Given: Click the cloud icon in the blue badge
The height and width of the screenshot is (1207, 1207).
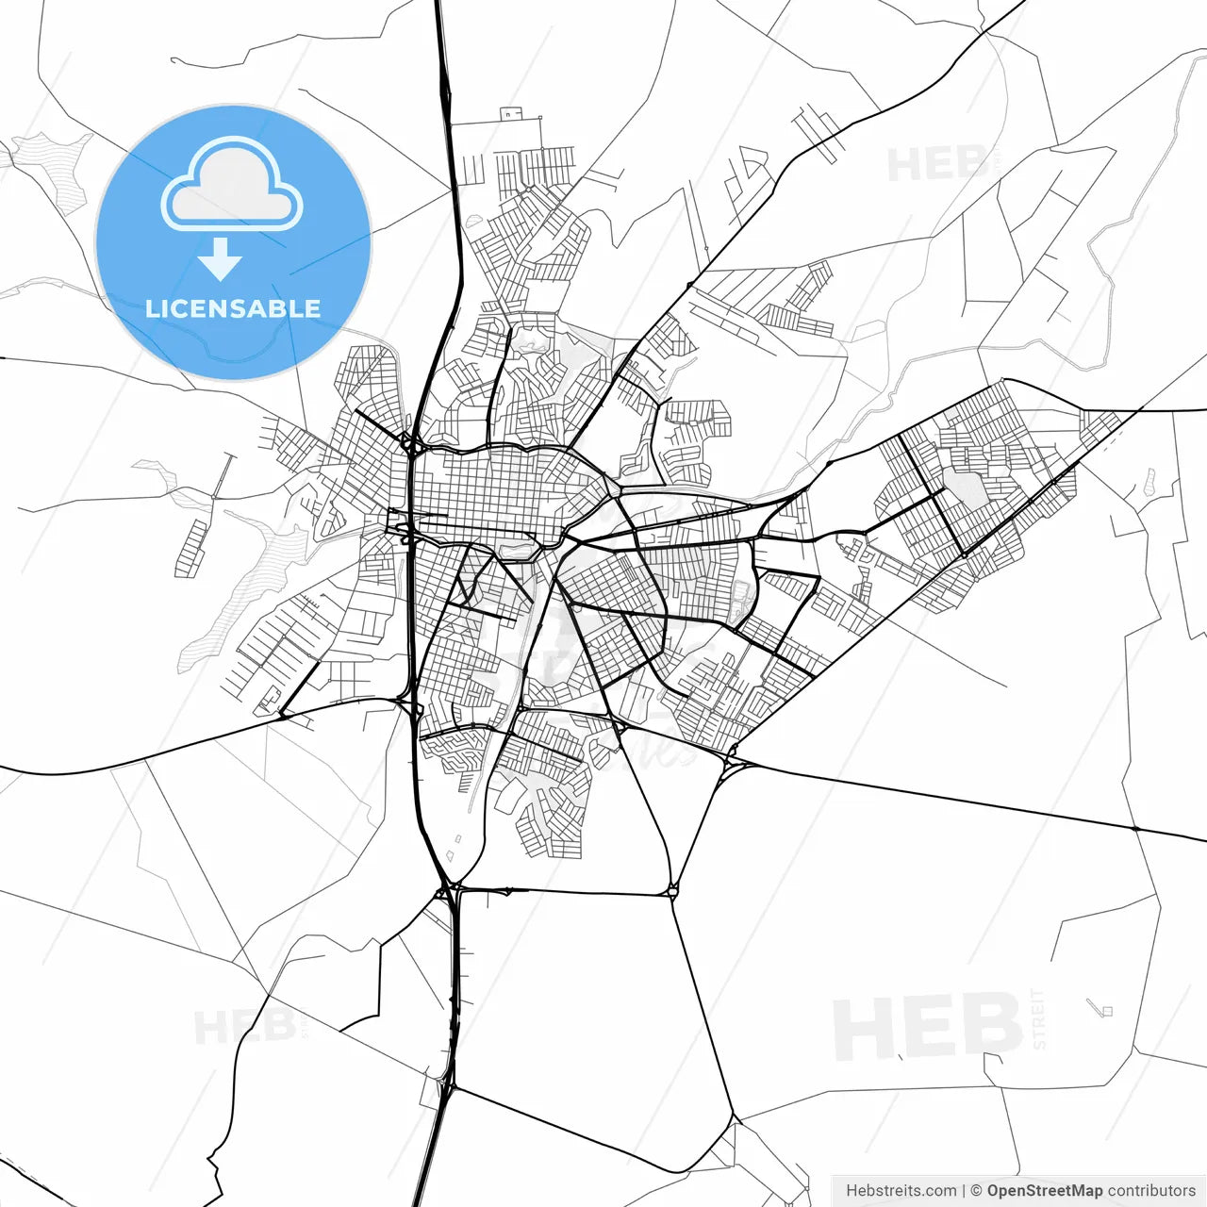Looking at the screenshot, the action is [232, 186].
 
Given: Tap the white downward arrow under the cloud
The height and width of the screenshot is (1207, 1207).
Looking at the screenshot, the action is [221, 258].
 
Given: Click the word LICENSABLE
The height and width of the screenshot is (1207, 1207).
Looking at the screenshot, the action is [233, 308].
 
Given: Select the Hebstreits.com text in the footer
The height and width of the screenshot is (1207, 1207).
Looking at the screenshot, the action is [901, 1191].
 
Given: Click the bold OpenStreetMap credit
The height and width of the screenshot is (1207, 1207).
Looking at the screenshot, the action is [1045, 1191].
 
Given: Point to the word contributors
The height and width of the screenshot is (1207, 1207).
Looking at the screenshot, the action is [1151, 1191].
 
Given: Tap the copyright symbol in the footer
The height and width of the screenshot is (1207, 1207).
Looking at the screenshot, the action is [977, 1191].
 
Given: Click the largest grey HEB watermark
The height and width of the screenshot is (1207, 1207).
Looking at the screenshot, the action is [928, 1028].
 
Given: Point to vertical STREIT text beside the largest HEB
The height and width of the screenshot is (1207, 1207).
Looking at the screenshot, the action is [1039, 1018].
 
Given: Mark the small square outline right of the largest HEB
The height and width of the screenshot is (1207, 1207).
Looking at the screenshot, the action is [1107, 1011].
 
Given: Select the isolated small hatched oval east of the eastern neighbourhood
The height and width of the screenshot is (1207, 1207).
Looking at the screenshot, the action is [1148, 483].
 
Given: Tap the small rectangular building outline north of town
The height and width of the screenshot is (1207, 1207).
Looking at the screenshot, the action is [512, 114].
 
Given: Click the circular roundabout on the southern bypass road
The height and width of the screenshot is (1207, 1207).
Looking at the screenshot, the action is [672, 889].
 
